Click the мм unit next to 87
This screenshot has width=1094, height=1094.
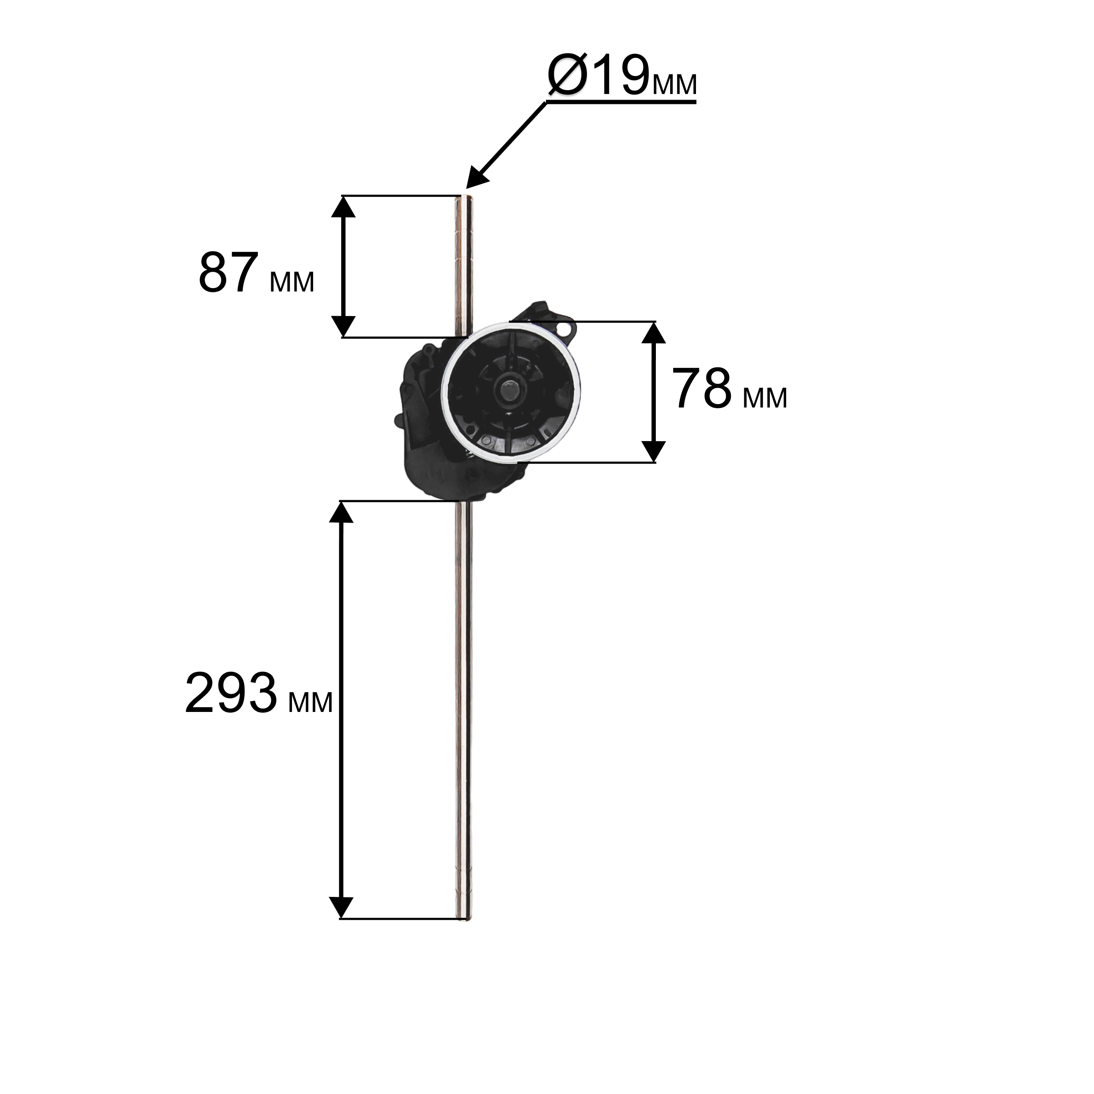click(x=292, y=282)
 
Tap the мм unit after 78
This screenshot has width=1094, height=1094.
click(x=765, y=398)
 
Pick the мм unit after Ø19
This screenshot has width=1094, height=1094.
click(x=674, y=85)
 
